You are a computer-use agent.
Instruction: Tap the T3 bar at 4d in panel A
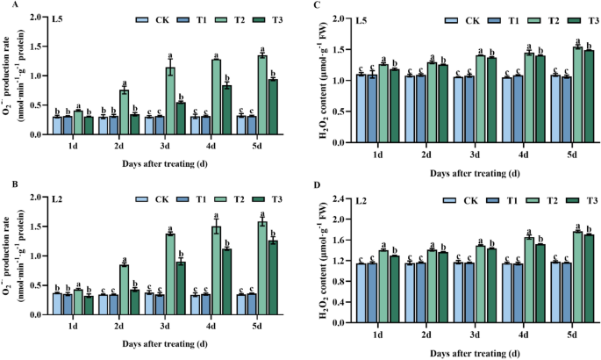(x=226, y=110)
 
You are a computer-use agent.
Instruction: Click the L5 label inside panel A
(x=60, y=18)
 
